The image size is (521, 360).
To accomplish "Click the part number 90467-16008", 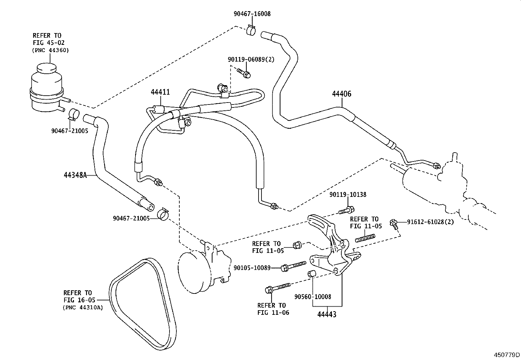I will pyautogui.click(x=252, y=14).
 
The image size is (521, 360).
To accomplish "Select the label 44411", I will pyautogui.click(x=160, y=92).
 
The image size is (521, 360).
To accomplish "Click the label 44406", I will pyautogui.click(x=341, y=94).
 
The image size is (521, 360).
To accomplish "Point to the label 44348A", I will pyautogui.click(x=75, y=175).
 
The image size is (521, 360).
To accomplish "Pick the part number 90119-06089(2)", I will pyautogui.click(x=251, y=59).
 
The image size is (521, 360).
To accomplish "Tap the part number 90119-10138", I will pyautogui.click(x=348, y=194).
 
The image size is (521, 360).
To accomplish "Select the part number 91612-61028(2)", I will pyautogui.click(x=430, y=222).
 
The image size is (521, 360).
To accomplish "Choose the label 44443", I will pyautogui.click(x=327, y=314).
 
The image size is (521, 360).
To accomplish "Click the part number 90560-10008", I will pyautogui.click(x=313, y=297).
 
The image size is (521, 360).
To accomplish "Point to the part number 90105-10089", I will pyautogui.click(x=252, y=268).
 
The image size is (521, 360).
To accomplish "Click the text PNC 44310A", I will pyautogui.click(x=82, y=307).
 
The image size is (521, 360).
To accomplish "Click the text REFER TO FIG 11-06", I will pyautogui.click(x=273, y=309).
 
